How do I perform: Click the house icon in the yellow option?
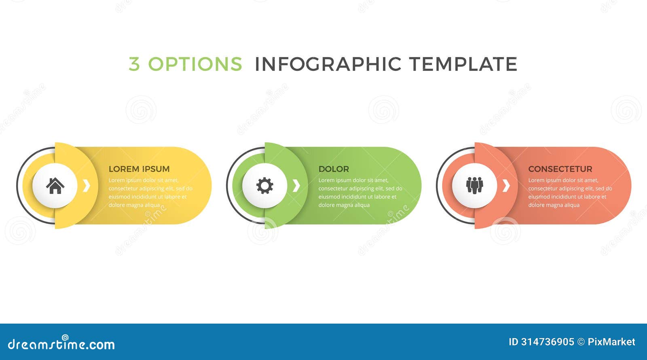(x=55, y=186)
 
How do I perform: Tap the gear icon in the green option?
(x=265, y=186)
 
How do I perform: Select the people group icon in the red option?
(x=474, y=186)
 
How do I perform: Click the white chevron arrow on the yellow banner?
(x=86, y=186)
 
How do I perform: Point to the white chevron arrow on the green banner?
(x=296, y=186)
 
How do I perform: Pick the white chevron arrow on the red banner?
(x=506, y=186)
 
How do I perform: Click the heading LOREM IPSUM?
(x=139, y=169)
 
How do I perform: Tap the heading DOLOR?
(x=334, y=169)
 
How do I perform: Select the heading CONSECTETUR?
(x=560, y=169)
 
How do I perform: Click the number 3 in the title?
(x=134, y=64)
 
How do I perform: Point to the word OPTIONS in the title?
(x=195, y=64)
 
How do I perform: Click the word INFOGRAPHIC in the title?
(x=328, y=64)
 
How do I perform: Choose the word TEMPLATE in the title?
(x=463, y=64)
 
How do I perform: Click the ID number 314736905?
(x=548, y=342)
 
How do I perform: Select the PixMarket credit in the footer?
(x=611, y=342)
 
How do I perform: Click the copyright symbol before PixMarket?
(x=581, y=342)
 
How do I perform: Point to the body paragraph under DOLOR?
(x=360, y=193)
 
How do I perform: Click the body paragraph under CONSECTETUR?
(x=570, y=193)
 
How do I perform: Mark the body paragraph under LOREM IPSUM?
(x=150, y=193)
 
